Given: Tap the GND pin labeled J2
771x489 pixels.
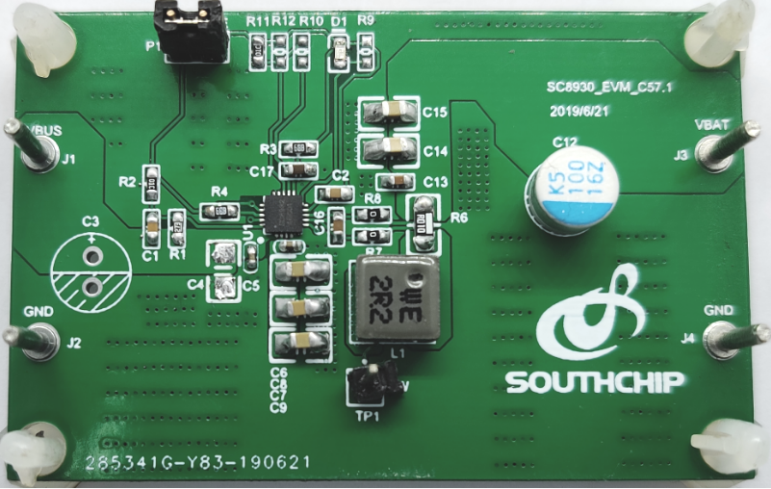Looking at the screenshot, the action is click(37, 338).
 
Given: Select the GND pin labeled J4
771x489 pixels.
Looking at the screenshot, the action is click(725, 337).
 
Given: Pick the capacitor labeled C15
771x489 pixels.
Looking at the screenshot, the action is click(389, 112).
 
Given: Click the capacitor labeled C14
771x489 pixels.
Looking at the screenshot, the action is click(389, 148).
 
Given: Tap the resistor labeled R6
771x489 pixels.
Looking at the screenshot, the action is click(423, 219).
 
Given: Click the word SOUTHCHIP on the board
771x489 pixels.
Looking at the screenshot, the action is click(596, 381).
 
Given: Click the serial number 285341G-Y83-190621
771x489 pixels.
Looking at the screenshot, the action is click(197, 463).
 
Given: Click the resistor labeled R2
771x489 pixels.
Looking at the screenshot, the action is click(150, 181).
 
